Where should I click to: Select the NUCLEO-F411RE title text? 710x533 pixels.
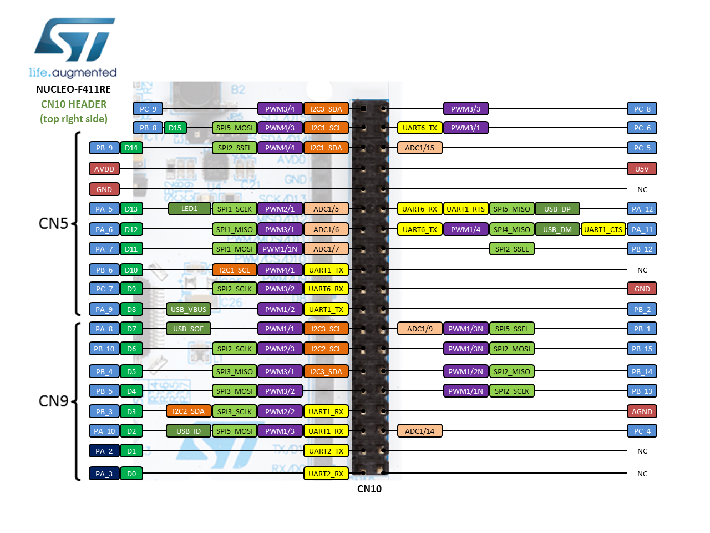73,89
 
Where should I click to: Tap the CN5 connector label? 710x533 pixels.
53,223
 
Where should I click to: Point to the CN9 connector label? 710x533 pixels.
53,401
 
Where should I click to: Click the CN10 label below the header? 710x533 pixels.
369,489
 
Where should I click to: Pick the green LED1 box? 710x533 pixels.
189,209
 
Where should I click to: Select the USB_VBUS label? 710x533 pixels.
189,309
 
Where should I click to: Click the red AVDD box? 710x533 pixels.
104,169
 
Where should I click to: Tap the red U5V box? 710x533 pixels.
642,169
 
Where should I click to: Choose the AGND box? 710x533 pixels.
642,411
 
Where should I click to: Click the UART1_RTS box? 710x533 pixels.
465,209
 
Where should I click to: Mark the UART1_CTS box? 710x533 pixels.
603,229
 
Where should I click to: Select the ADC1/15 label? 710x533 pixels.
420,148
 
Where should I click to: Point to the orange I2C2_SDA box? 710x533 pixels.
189,411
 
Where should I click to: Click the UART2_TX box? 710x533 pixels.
326,451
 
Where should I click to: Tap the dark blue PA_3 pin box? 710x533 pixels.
104,474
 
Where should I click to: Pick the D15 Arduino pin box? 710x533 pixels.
175,128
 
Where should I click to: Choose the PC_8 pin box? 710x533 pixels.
642,109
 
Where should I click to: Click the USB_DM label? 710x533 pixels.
557,229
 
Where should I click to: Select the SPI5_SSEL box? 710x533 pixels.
512,329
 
